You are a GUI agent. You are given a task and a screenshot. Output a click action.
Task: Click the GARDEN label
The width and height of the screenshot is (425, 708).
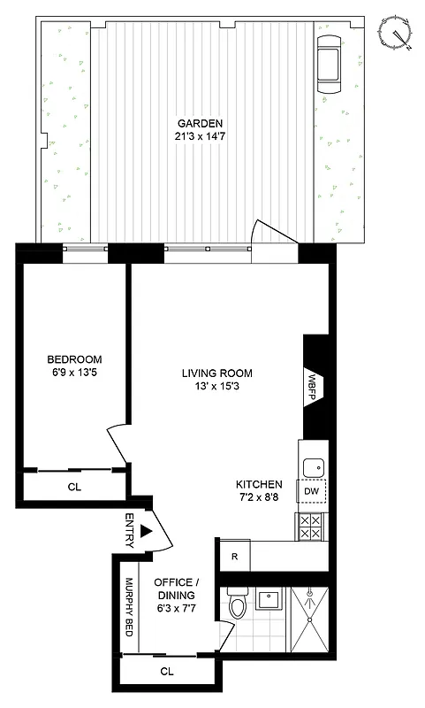199,123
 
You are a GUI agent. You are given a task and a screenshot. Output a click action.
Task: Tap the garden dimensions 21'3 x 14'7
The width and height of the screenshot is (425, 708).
199,136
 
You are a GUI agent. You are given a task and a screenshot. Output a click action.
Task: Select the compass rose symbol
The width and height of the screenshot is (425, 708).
395,31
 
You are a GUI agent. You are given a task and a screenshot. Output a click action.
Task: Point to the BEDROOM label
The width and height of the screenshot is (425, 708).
74,359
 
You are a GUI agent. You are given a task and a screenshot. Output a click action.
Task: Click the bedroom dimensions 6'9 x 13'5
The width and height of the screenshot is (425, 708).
74,373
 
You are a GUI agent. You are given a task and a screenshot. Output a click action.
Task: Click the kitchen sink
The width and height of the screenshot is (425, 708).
312,466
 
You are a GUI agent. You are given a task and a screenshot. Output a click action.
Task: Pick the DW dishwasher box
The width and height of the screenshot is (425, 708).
311,491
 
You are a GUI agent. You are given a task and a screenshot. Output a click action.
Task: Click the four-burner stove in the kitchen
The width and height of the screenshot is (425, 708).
310,527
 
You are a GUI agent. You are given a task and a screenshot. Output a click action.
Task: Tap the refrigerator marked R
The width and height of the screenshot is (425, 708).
234,557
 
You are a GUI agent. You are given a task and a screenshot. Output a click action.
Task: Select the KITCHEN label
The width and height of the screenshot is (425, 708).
259,484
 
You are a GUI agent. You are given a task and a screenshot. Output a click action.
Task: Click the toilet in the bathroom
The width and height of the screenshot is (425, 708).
237,606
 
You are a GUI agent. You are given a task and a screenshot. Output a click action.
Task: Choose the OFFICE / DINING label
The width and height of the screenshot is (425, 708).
183,589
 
